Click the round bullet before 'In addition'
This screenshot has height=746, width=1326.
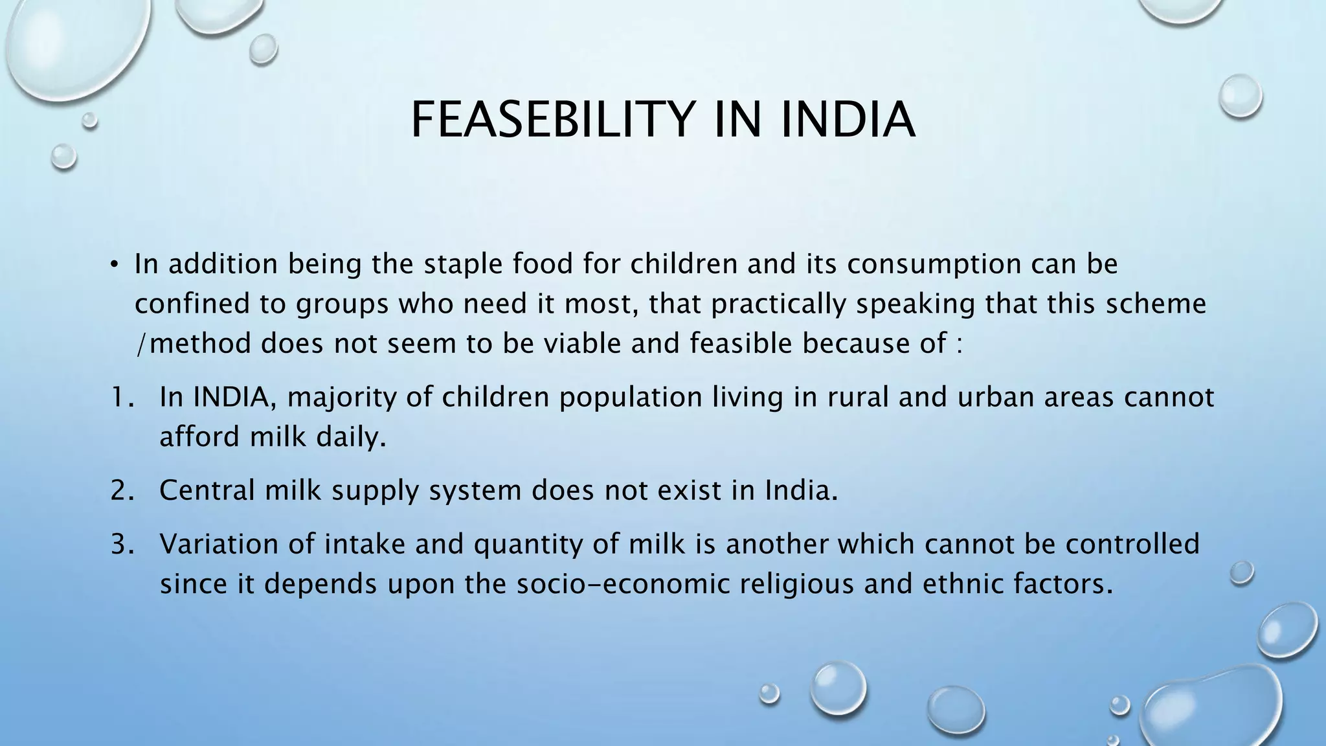(114, 264)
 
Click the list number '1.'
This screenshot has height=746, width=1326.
(122, 397)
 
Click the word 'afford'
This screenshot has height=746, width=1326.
(199, 437)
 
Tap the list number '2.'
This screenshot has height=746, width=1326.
(122, 490)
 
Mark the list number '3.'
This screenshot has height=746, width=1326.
(122, 544)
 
